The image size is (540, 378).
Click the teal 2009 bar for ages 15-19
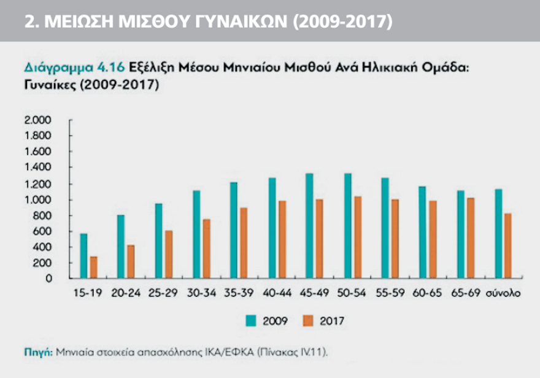pyautogui.click(x=83, y=256)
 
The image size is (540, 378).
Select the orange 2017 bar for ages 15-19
pyautogui.click(x=94, y=268)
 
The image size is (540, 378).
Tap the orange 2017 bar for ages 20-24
pyautogui.click(x=130, y=262)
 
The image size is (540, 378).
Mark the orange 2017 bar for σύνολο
pyautogui.click(x=508, y=245)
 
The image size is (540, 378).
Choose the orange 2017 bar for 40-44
pyautogui.click(x=282, y=239)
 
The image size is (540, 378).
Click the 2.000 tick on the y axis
pyautogui.click(x=38, y=120)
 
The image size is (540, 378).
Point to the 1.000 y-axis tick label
pyautogui.click(x=38, y=199)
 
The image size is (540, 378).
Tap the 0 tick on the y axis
pyautogui.click(x=49, y=279)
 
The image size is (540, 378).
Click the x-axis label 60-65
pyautogui.click(x=429, y=293)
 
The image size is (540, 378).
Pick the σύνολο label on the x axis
pyautogui.click(x=504, y=293)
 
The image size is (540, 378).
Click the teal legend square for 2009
pyautogui.click(x=250, y=320)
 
